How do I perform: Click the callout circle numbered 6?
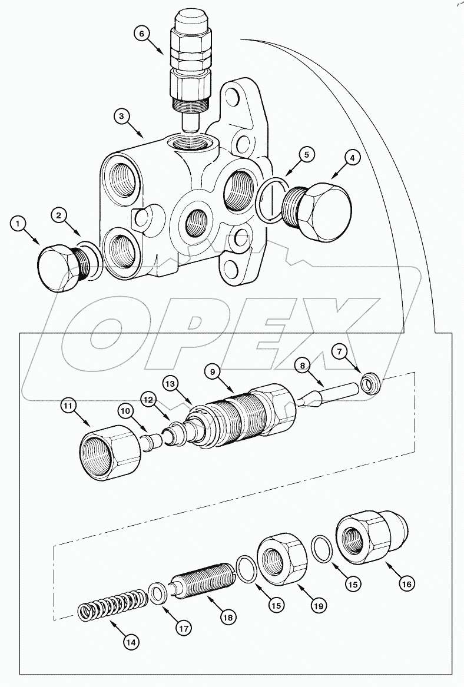(141, 35)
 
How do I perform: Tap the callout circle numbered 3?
(121, 116)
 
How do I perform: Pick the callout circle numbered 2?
(59, 215)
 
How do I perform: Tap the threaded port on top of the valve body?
(191, 142)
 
